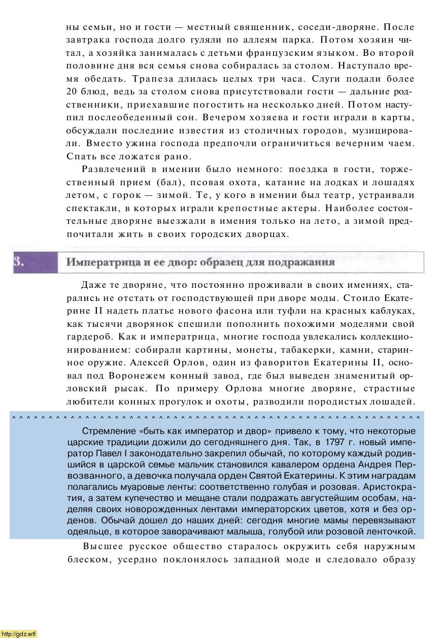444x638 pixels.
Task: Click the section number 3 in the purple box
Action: (x=17, y=262)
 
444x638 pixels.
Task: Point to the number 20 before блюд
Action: (x=71, y=92)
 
